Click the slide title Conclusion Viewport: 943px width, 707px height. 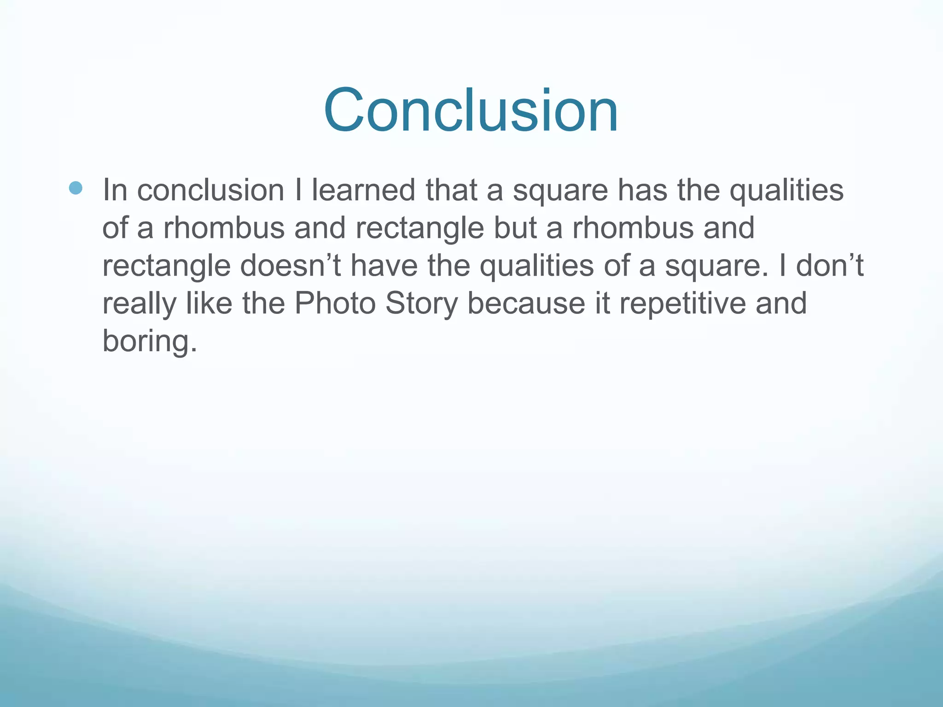[471, 110]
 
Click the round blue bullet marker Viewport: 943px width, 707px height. [76, 188]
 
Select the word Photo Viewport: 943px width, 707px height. [335, 303]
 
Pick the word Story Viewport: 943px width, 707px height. [421, 303]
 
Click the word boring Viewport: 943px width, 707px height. [149, 342]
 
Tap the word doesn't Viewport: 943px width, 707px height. [290, 266]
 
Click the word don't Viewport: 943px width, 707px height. [829, 266]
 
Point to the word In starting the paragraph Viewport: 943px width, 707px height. [115, 190]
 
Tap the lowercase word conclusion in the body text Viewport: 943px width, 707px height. [210, 190]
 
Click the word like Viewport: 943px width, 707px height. [209, 303]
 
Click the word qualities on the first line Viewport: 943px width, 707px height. [786, 191]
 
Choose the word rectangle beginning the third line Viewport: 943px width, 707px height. [166, 267]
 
